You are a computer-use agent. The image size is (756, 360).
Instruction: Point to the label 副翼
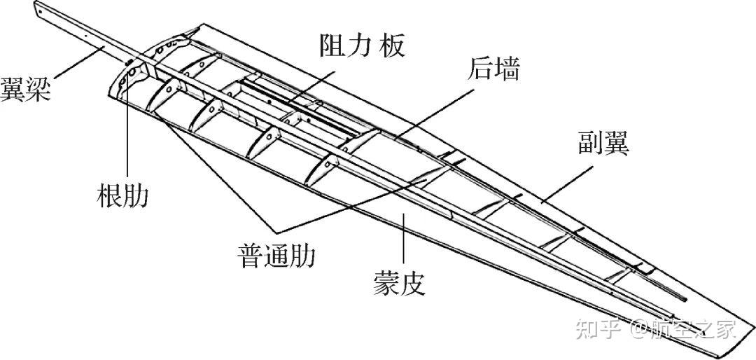pos(602,144)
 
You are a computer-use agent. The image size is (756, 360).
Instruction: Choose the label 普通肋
pos(276,256)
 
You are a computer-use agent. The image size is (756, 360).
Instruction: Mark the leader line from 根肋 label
pos(127,126)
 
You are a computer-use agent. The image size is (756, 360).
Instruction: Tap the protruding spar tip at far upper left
pos(36,7)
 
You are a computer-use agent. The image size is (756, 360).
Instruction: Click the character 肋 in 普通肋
pos(302,256)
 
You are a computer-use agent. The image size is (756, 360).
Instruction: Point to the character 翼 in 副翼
pos(616,144)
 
